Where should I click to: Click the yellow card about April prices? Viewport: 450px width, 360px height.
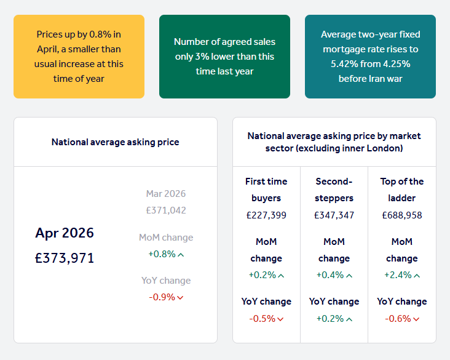(x=79, y=57)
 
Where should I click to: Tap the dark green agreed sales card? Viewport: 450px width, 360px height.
(x=224, y=57)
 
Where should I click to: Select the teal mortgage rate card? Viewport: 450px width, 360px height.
(x=370, y=57)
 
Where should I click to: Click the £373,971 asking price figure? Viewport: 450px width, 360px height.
(x=65, y=258)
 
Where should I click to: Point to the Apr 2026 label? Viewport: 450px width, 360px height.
(x=65, y=233)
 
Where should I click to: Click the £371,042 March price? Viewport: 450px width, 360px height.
(x=166, y=210)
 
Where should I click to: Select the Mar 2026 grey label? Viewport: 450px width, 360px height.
(x=166, y=194)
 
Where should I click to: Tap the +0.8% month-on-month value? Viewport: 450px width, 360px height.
(x=162, y=254)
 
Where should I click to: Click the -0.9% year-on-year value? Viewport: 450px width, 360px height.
(x=162, y=297)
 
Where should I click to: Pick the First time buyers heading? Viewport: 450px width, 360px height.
(x=266, y=190)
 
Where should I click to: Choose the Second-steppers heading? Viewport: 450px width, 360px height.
(x=334, y=190)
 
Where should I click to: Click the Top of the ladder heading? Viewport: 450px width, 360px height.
(x=402, y=190)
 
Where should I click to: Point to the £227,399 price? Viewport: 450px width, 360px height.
(x=266, y=215)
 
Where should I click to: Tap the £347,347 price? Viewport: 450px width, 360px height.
(x=334, y=215)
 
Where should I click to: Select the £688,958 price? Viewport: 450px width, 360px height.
(x=402, y=215)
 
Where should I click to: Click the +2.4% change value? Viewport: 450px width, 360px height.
(x=398, y=275)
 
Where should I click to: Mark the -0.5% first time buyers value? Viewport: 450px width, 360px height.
(x=262, y=319)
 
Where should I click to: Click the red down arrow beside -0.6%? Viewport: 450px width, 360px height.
(x=417, y=319)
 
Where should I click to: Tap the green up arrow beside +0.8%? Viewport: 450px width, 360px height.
(x=181, y=254)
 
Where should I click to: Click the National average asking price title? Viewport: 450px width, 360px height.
(x=116, y=142)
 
